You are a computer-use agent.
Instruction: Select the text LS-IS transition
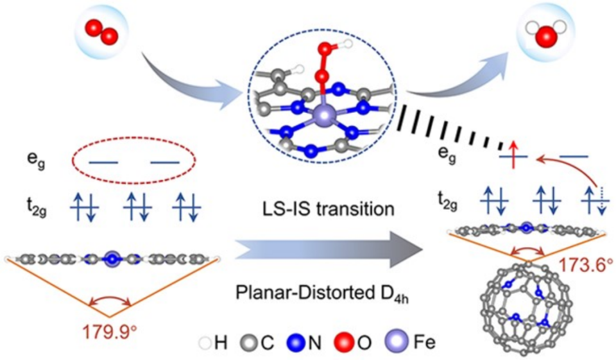coord(328,209)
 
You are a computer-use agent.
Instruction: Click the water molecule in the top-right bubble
coord(547,34)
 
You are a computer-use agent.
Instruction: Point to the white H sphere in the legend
coord(205,343)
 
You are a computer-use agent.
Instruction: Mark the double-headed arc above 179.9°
coord(110,298)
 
